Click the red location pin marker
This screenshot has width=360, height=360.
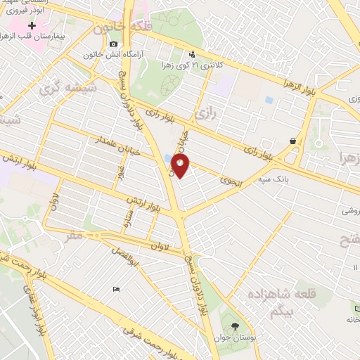tap(181, 166)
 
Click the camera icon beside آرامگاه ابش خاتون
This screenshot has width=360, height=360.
tap(113, 44)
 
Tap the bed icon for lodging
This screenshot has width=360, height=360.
tap(116, 289)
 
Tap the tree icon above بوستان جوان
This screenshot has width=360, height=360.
tap(234, 326)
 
